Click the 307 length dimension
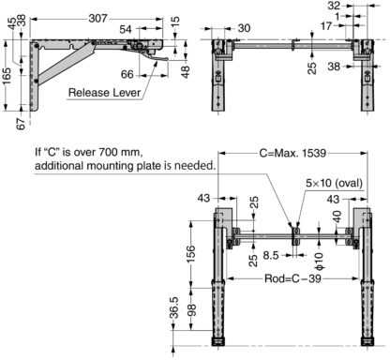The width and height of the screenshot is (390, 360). [x=97, y=19]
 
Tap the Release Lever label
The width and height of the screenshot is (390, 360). [x=105, y=93]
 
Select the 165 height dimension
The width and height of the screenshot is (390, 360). [x=7, y=75]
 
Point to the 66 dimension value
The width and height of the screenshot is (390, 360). [x=127, y=74]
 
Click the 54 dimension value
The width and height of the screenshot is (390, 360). [x=126, y=29]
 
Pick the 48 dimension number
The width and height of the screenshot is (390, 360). [x=186, y=72]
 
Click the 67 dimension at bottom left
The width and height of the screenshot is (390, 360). [x=21, y=124]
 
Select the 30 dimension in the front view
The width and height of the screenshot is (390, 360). [x=244, y=28]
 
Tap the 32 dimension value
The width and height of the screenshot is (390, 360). [x=335, y=6]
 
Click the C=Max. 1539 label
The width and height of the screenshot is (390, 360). [x=292, y=153]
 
